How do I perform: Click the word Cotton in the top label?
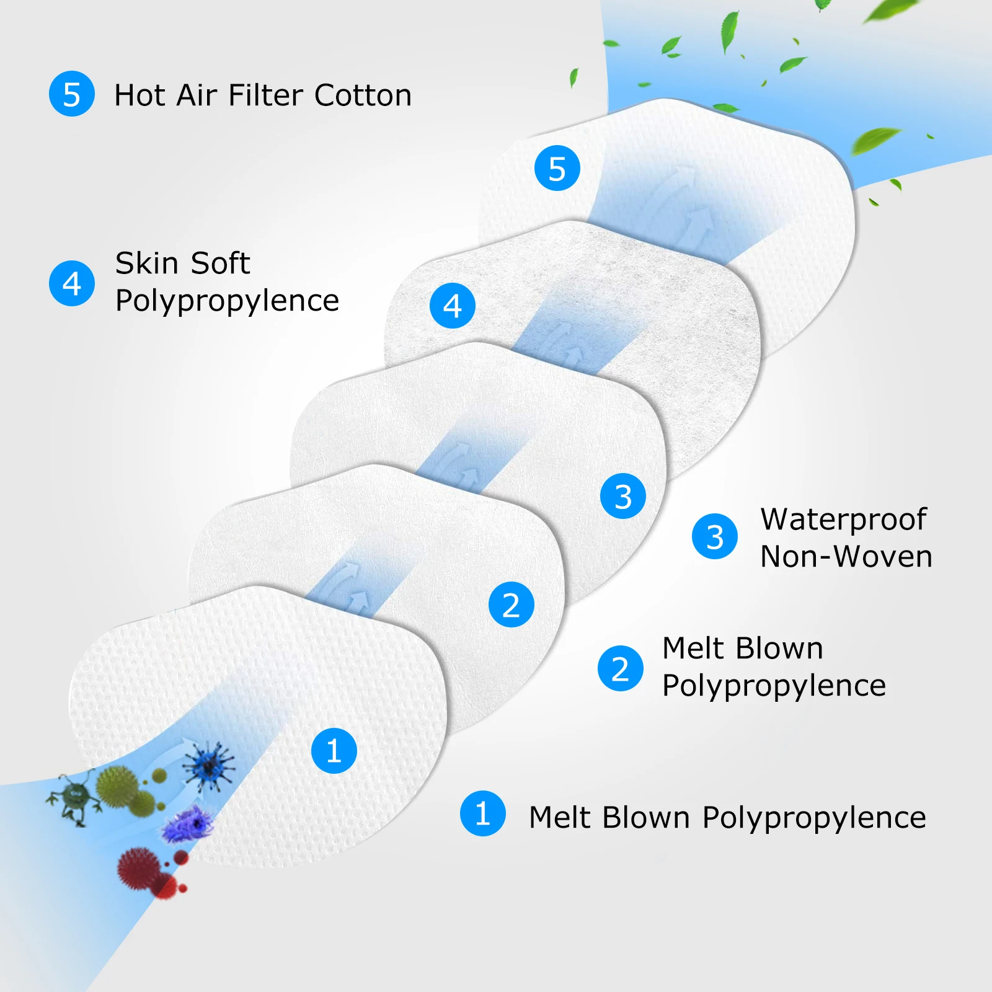363,95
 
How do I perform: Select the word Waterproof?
843,520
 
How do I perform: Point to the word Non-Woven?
846,557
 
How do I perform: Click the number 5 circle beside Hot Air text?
72,94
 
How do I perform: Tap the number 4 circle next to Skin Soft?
72,283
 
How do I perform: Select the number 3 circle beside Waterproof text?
715,537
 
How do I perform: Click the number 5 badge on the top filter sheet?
557,169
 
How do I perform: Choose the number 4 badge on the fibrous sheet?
453,306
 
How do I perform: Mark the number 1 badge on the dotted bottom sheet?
334,751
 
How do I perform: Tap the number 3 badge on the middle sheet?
623,497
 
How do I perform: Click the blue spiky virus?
209,766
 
